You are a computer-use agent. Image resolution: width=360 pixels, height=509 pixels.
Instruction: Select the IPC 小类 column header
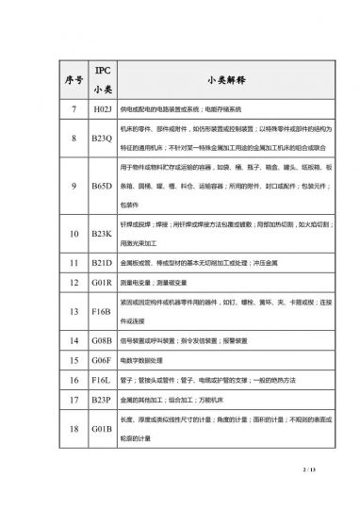(104, 77)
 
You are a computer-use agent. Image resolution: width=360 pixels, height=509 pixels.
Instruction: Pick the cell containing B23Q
(104, 138)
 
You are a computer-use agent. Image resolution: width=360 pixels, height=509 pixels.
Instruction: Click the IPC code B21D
(104, 260)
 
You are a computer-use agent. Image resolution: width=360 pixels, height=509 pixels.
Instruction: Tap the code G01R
(104, 281)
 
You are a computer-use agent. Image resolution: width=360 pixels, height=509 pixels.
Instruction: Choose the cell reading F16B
(104, 308)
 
